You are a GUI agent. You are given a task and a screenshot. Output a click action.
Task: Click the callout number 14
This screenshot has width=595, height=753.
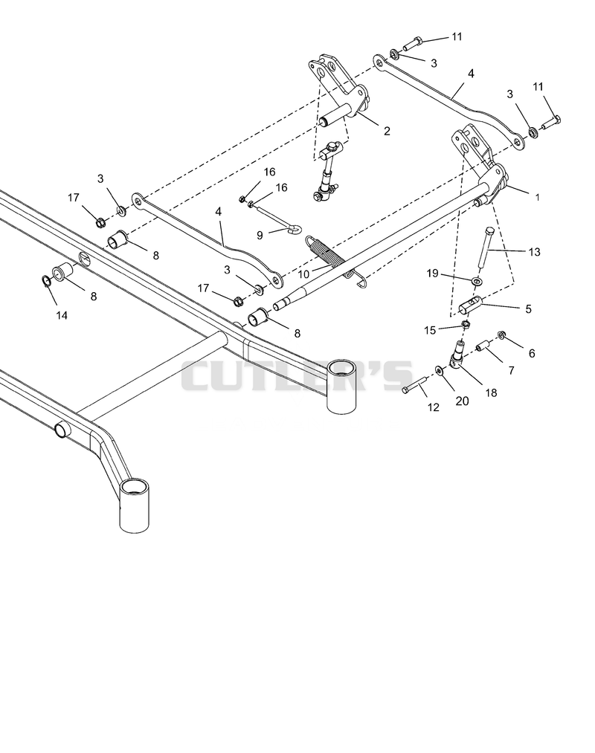[x=61, y=315]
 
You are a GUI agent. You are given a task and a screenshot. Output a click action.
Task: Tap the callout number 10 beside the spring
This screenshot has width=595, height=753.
[x=303, y=274]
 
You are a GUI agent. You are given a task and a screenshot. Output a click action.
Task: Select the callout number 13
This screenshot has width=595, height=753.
[x=534, y=252]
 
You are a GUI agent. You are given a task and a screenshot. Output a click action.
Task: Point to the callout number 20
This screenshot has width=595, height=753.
[x=462, y=401]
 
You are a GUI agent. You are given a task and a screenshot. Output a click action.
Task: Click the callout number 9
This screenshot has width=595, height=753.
[x=260, y=236]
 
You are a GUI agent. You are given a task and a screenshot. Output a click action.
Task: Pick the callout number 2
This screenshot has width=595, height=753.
[x=387, y=131]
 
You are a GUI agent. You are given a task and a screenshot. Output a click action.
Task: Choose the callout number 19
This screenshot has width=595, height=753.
[x=433, y=273]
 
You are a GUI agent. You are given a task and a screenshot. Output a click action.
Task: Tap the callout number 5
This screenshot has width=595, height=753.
[x=529, y=308]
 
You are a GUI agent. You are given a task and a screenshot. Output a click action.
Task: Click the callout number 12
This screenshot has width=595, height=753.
[x=433, y=407]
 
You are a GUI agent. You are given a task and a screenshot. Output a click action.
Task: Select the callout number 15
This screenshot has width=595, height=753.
[x=430, y=330]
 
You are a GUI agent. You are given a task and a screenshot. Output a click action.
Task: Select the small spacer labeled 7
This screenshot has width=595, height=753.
[x=485, y=346]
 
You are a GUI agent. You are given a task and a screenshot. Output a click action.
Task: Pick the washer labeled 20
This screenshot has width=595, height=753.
[x=440, y=369]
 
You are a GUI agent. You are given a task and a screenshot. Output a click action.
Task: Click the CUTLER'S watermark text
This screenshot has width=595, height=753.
[x=297, y=375]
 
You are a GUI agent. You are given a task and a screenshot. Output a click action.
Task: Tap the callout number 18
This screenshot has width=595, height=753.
[x=491, y=392]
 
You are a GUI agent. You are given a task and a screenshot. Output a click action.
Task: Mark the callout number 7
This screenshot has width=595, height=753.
[x=511, y=370]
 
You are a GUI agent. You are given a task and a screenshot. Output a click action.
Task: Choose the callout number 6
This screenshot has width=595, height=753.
[x=531, y=353]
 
